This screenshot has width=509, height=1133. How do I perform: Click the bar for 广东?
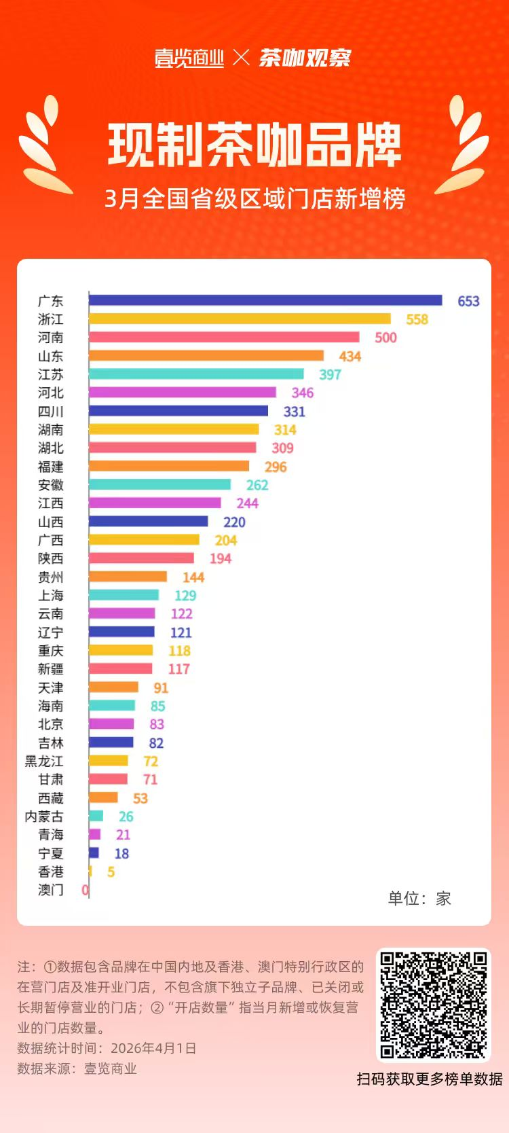(x=265, y=300)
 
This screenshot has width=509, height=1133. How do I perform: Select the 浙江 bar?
(x=240, y=319)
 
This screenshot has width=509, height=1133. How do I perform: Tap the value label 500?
(x=385, y=338)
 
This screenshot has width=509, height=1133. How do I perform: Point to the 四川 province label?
(x=51, y=412)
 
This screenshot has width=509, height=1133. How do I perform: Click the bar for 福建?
(x=169, y=466)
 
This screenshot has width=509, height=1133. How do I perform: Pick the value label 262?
(x=257, y=485)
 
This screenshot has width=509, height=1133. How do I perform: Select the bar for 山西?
(x=149, y=522)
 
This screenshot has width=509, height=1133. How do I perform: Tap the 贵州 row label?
(x=51, y=577)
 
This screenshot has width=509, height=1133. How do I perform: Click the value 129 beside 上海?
(x=185, y=596)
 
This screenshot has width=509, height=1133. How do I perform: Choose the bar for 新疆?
(x=121, y=669)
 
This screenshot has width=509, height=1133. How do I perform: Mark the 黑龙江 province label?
(x=44, y=761)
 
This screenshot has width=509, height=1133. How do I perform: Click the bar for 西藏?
(x=103, y=797)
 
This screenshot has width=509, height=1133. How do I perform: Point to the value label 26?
(x=126, y=816)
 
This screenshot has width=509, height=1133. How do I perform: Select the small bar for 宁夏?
(x=94, y=853)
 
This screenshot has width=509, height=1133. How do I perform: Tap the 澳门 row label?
(x=51, y=890)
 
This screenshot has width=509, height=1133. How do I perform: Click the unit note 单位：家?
(x=419, y=899)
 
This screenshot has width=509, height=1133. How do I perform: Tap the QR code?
(x=434, y=1005)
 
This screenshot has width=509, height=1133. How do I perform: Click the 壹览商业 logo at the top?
(x=189, y=58)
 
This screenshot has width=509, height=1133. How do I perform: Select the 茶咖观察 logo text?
(x=305, y=58)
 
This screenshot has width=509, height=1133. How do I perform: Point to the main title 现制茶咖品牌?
(x=254, y=145)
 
